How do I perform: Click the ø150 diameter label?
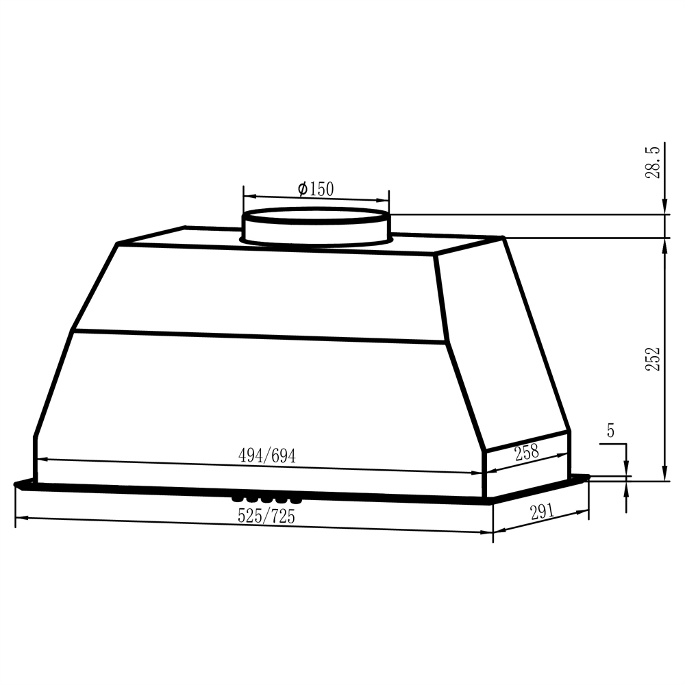click(x=316, y=188)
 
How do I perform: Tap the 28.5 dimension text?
click(x=654, y=162)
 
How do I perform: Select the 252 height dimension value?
click(x=654, y=359)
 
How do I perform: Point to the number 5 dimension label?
click(x=610, y=431)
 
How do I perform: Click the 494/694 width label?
click(x=267, y=456)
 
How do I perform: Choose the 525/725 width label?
click(x=266, y=516)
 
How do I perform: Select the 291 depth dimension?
click(x=541, y=512)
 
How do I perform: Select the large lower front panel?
click(x=260, y=404)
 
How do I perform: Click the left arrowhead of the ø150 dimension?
click(x=247, y=194)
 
